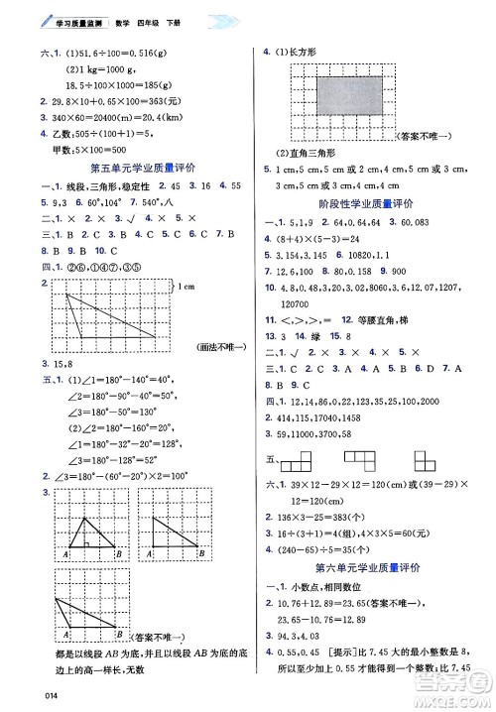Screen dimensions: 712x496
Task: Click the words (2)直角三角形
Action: (x=309, y=151)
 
